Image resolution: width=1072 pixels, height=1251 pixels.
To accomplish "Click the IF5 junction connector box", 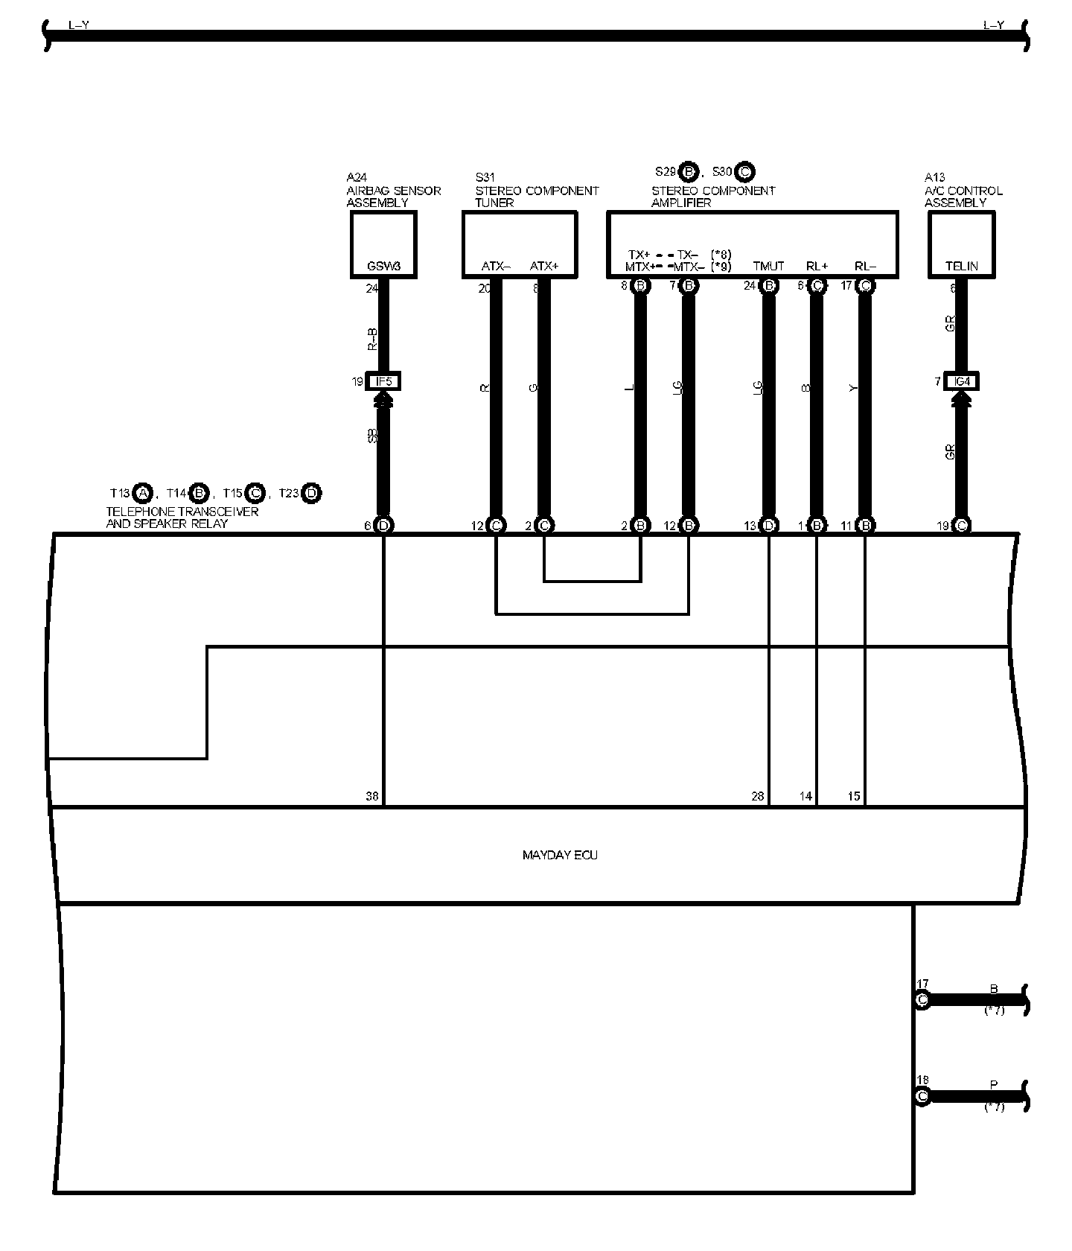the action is pos(384,382).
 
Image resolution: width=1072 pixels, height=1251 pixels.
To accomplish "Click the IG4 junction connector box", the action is pos(961,382).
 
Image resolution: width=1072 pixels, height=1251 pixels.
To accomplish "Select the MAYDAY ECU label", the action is pos(560,855).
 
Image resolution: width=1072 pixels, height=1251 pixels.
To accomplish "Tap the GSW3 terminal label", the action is pos(383,266).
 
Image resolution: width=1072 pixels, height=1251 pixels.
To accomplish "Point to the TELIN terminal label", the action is pos(961,266).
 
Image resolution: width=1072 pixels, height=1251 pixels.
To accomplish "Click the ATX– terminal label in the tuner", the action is pos(496,266).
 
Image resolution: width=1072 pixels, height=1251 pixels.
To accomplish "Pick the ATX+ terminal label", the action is pos(544,266).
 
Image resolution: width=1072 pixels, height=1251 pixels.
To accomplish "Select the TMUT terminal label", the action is pos(768,266).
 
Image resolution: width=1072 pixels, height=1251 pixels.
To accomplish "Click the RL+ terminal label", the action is pos(817,266).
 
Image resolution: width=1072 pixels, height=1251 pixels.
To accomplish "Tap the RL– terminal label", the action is pos(865,266).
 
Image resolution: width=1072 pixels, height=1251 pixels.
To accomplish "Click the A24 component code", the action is pos(357,177).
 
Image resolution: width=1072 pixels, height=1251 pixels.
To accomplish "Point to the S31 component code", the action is pos(485,177).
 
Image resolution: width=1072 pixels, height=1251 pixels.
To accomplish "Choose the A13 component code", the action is pos(934,177).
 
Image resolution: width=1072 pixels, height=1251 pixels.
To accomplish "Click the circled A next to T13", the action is pos(143,493).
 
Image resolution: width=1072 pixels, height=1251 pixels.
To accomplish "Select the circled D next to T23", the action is pos(312,493).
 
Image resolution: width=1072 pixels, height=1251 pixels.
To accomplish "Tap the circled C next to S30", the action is pos(744,172).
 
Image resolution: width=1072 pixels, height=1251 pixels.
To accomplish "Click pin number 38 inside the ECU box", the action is pos(372,796).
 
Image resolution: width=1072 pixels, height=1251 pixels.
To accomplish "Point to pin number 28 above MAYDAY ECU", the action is pos(757,796).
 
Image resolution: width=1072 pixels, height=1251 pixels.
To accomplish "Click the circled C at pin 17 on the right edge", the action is pos(922,1000).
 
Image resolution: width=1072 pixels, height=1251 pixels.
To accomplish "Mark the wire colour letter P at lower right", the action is pos(994,1085).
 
